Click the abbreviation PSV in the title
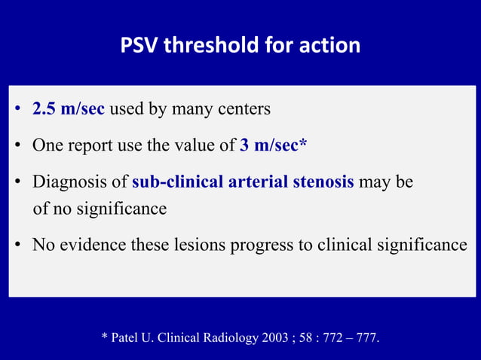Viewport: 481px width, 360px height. tap(139, 45)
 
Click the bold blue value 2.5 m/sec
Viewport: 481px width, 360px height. tap(68, 108)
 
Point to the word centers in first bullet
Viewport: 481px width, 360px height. tap(244, 108)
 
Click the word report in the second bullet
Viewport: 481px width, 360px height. tap(90, 145)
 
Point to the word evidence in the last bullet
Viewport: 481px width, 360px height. tap(90, 245)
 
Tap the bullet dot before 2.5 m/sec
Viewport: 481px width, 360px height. tap(17, 109)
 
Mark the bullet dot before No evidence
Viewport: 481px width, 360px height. tap(17, 246)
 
